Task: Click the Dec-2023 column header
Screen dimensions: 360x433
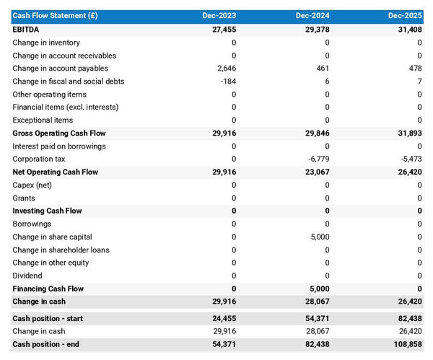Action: [219, 16]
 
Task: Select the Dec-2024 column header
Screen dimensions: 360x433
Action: [313, 16]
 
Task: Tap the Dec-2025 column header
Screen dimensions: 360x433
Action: [406, 16]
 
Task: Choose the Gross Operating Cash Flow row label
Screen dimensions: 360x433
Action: [59, 133]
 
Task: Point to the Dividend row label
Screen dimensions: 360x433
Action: [27, 276]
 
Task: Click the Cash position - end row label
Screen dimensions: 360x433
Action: [46, 344]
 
